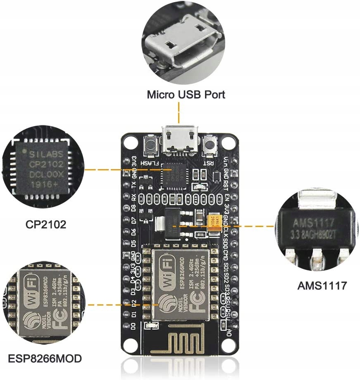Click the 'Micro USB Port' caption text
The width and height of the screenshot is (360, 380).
click(x=186, y=94)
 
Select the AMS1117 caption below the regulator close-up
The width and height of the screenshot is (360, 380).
click(x=322, y=285)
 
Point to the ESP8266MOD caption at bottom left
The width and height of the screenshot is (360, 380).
click(x=45, y=358)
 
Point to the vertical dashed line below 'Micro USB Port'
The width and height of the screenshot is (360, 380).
click(x=179, y=111)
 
